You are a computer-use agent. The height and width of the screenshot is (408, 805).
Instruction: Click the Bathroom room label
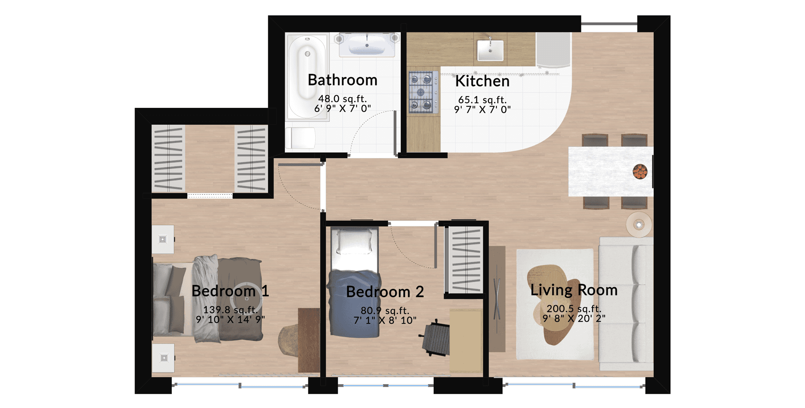(343, 80)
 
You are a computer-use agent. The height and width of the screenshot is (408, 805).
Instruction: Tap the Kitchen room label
(482, 81)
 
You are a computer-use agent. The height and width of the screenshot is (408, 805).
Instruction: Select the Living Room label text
(574, 290)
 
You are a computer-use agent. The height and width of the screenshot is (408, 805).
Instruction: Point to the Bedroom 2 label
(385, 292)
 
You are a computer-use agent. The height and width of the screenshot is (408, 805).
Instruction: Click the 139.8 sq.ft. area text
(230, 310)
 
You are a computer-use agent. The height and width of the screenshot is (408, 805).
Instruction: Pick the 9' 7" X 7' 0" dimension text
(483, 110)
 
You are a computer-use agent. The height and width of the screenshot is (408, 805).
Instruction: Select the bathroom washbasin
(367, 45)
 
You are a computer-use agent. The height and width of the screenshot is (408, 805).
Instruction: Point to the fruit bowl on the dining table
(640, 172)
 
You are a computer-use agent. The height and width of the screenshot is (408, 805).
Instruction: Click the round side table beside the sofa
(639, 225)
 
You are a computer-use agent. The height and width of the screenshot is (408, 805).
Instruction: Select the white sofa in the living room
(626, 304)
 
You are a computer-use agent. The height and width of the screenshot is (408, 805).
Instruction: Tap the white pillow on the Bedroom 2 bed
(354, 242)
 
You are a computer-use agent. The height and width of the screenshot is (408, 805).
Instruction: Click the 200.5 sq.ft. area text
(574, 309)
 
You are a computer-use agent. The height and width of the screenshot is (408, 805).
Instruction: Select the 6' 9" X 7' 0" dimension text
(343, 109)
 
